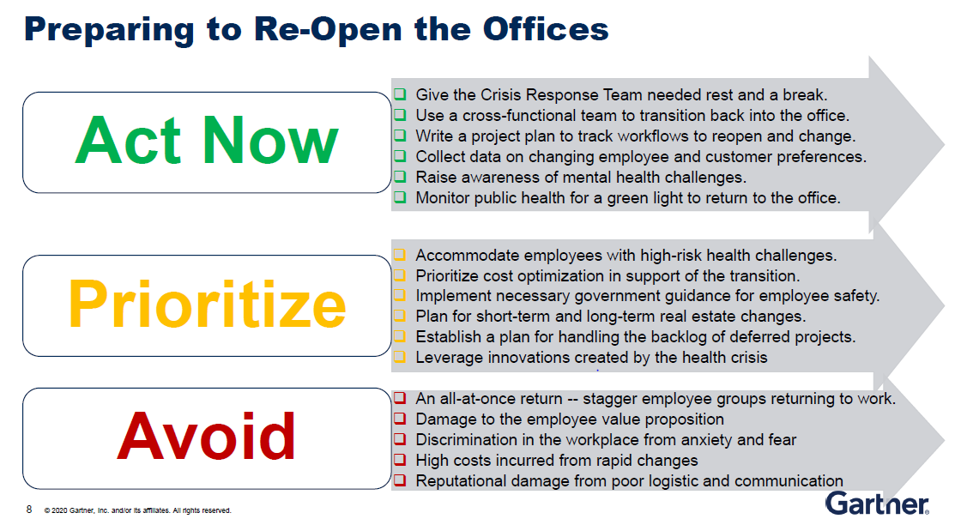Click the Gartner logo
pyautogui.click(x=877, y=504)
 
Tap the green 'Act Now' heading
pyautogui.click(x=207, y=141)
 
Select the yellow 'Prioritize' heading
pyautogui.click(x=207, y=304)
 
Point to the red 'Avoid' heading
pyautogui.click(x=207, y=436)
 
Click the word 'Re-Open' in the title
pyautogui.click(x=328, y=29)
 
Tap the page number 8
pyautogui.click(x=29, y=509)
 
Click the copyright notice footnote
pyautogui.click(x=137, y=510)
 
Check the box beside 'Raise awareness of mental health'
pyautogui.click(x=400, y=177)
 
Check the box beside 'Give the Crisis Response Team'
pyautogui.click(x=400, y=94)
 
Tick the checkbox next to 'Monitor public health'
pyautogui.click(x=400, y=197)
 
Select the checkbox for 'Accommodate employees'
pyautogui.click(x=400, y=255)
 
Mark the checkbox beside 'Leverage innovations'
pyautogui.click(x=400, y=357)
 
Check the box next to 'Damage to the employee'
pyautogui.click(x=400, y=419)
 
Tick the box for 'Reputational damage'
pyautogui.click(x=400, y=480)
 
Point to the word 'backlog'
pyautogui.click(x=680, y=337)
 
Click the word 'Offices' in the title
pyautogui.click(x=546, y=28)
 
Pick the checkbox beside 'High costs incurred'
pyautogui.click(x=400, y=460)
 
